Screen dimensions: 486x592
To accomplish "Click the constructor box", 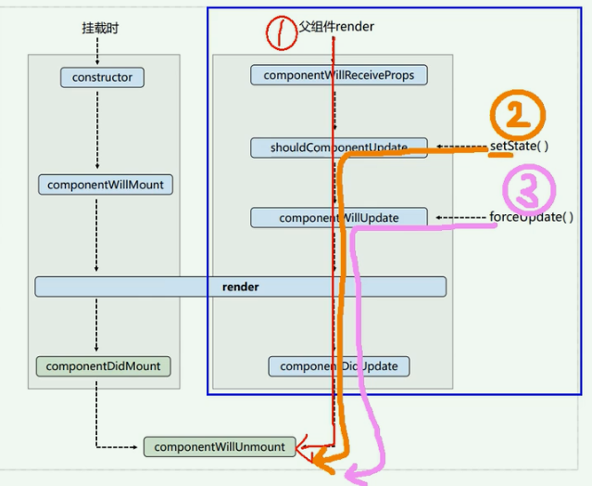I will pos(102,78).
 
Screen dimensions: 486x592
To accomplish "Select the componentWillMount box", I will pos(105,185).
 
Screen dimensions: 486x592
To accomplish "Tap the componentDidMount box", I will pos(103,366).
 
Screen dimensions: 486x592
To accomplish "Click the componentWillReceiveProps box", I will pos(338,75).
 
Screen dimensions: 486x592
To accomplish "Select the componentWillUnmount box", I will pos(220,447).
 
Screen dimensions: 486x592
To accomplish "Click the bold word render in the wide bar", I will pos(240,288).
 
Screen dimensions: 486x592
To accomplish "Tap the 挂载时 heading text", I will pos(100,29).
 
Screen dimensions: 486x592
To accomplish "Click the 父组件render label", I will pos(336,27).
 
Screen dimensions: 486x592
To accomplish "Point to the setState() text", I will pos(520,146).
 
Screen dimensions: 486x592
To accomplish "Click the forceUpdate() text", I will pos(531,218).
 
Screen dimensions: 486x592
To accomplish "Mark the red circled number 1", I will pos(280,33).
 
